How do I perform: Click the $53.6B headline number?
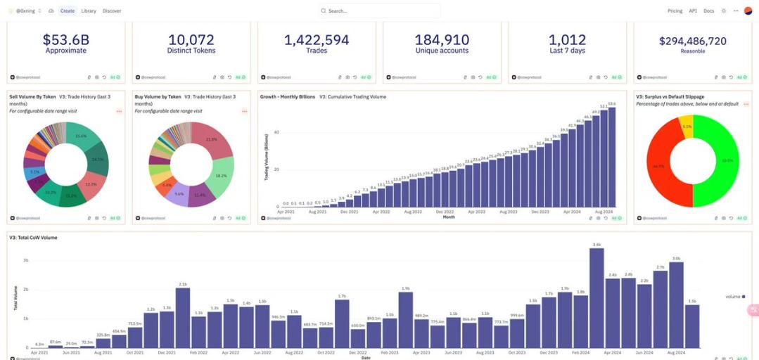pyautogui.click(x=65, y=40)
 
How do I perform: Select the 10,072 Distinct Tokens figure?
pyautogui.click(x=191, y=40)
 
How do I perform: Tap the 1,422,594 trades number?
pyautogui.click(x=317, y=40)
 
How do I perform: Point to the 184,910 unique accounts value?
pyautogui.click(x=442, y=40)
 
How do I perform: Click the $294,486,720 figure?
pyautogui.click(x=692, y=41)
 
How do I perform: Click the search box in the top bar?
pyautogui.click(x=379, y=11)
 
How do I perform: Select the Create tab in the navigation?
pyautogui.click(x=68, y=11)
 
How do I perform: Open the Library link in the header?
pyautogui.click(x=89, y=11)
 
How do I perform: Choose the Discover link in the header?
pyautogui.click(x=112, y=11)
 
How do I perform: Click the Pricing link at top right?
pyautogui.click(x=675, y=11)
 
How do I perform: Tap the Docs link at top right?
pyautogui.click(x=708, y=11)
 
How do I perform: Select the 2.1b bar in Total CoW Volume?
pyautogui.click(x=183, y=318)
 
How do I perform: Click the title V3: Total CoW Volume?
pyautogui.click(x=33, y=238)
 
